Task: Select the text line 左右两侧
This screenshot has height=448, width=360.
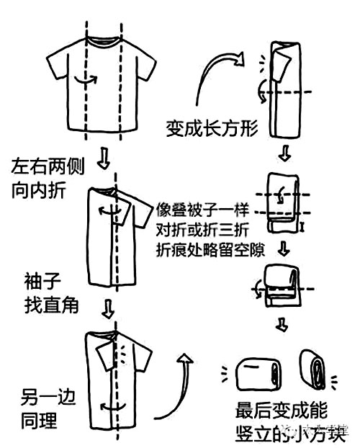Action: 48,167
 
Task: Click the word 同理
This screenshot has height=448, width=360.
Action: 39,417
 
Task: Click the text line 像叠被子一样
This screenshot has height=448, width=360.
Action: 202,212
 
